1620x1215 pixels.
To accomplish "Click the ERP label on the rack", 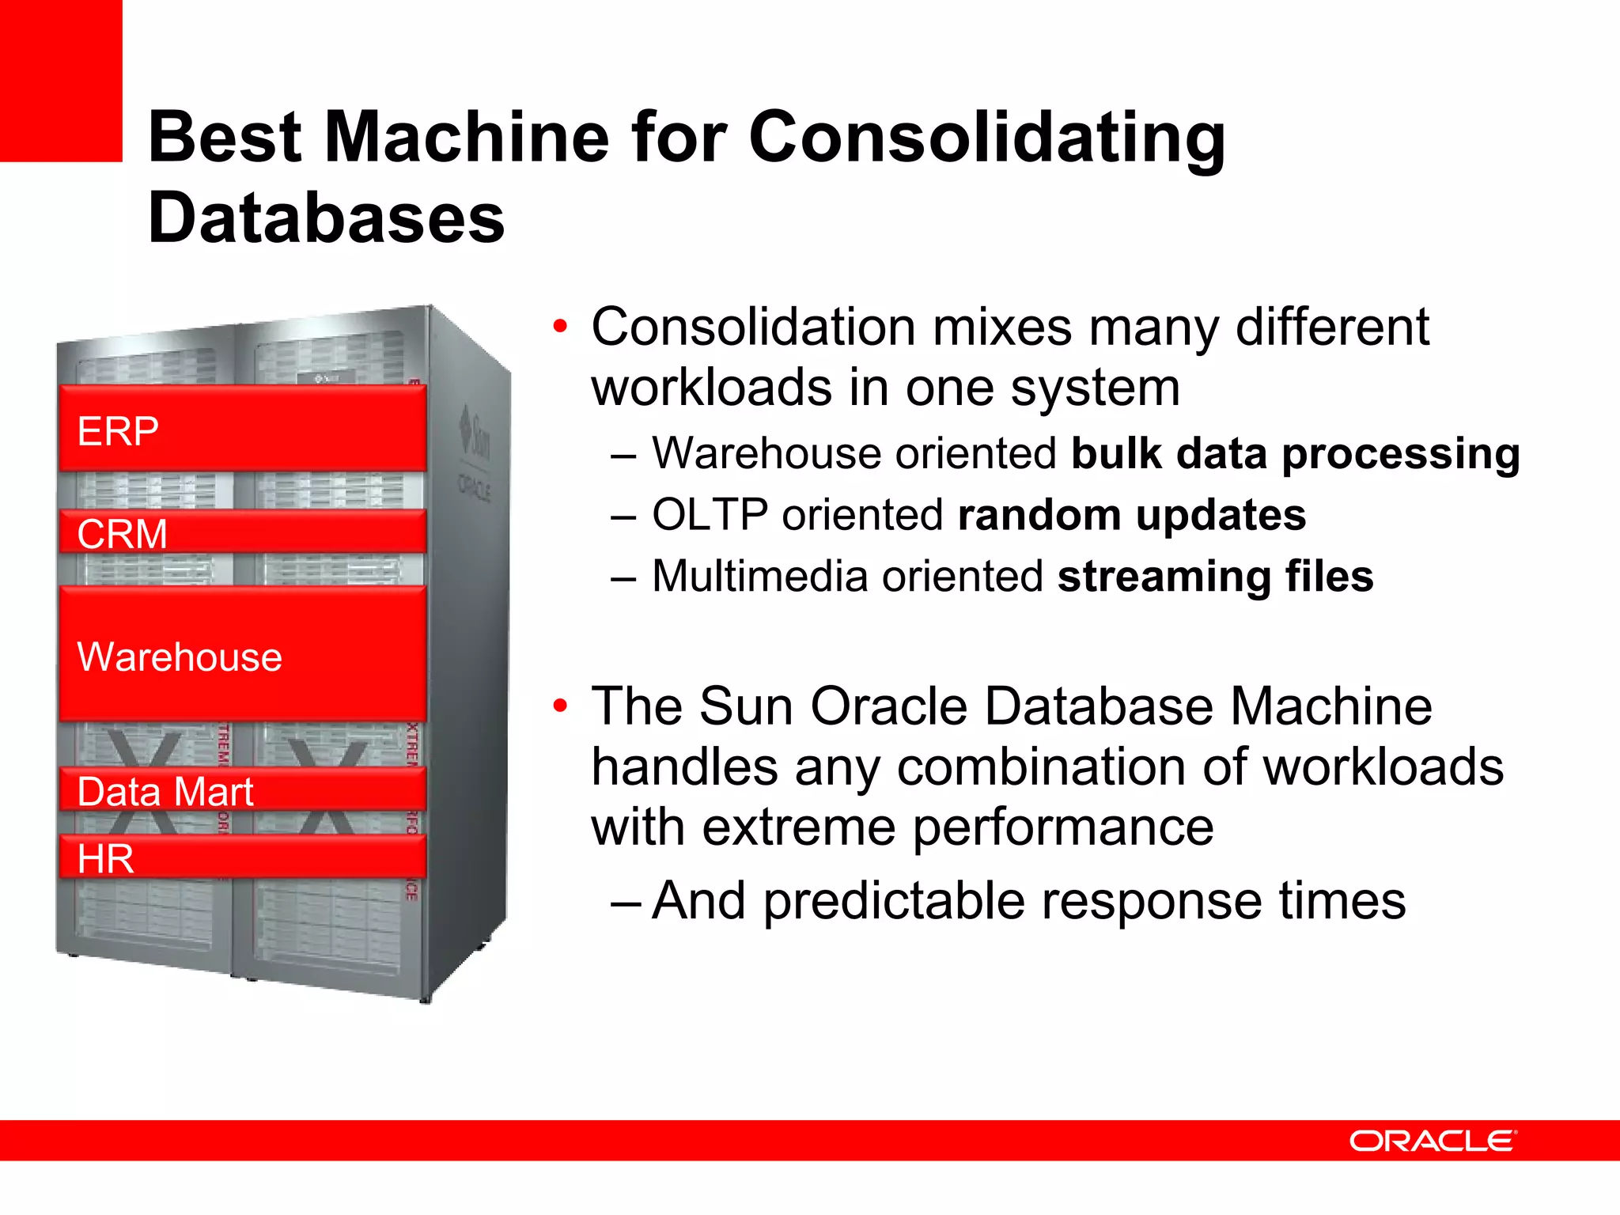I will point(118,432).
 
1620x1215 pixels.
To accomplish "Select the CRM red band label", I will point(122,534).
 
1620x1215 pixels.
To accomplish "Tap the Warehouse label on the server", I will point(180,657).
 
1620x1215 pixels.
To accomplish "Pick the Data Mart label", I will point(165,792).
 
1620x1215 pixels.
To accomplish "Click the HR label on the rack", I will point(105,859).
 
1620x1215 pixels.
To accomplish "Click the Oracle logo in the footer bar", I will point(1432,1141).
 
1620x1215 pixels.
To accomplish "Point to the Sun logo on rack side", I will point(476,434).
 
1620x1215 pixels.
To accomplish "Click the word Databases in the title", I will point(326,218).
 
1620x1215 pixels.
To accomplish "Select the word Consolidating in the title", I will point(986,137).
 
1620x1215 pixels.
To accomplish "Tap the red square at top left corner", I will point(60,80).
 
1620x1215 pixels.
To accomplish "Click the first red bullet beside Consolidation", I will point(560,327).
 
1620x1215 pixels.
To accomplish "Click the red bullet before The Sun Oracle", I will point(560,705).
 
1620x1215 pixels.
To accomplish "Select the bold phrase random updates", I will point(1131,515).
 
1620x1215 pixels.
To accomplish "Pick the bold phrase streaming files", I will point(1215,576).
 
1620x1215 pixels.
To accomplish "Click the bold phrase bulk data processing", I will point(1295,454).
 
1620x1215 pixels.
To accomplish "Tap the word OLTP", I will point(710,515).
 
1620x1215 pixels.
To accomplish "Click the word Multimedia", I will point(759,576).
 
